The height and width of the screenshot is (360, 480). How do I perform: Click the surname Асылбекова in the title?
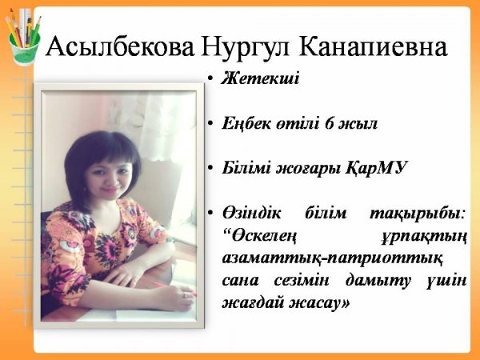pos(120,47)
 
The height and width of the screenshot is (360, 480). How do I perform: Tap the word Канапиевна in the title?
pos(373,47)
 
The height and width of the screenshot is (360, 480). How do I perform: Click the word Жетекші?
pos(260,78)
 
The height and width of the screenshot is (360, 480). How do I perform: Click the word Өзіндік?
pos(252,213)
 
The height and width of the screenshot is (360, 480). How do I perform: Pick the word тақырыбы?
pos(417,214)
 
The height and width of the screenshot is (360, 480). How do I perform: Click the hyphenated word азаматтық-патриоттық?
pos(332,259)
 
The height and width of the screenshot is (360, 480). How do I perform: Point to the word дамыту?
pos(378,282)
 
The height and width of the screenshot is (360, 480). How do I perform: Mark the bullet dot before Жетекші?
pos(210,79)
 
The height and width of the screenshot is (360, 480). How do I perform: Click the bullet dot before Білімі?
pos(210,169)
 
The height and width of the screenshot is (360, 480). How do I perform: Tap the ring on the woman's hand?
pos(184,295)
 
